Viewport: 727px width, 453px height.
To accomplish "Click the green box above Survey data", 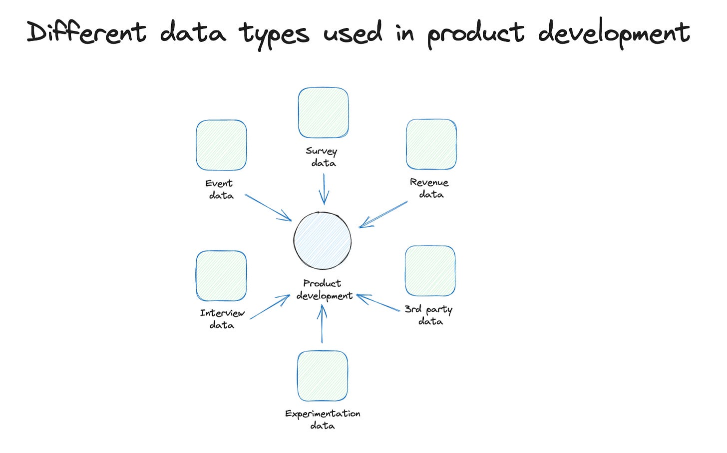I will pos(323,112).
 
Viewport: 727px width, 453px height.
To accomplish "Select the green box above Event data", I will pos(221,145).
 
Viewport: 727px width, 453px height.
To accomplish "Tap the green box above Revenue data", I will pos(431,144).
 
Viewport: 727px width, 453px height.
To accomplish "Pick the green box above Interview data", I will pos(221,275).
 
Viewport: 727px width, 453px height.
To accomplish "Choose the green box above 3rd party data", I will pos(430,270).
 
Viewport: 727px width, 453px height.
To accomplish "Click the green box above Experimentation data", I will pos(323,376).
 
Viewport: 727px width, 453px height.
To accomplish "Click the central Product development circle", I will pos(323,240).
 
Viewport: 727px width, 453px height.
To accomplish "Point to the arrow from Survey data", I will pos(324,189).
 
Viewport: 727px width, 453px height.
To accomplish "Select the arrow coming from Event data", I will pos(268,207).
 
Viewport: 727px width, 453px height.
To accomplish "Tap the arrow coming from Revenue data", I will pos(383,214).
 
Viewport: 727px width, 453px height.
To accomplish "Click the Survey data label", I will pos(322,157).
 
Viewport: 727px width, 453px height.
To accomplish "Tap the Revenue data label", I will pos(430,188).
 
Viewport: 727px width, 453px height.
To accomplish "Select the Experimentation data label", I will pos(323,419).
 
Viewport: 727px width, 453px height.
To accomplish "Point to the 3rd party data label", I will pos(429,315).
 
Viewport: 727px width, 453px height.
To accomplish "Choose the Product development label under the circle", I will pos(324,289).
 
